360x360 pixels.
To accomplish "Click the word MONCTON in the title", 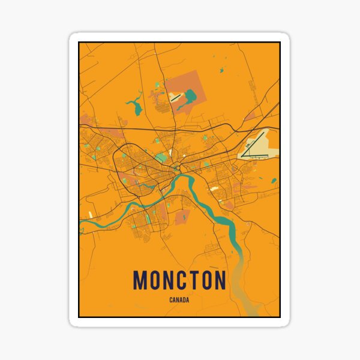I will pos(179,280).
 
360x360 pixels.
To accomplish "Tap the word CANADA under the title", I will pos(179,301).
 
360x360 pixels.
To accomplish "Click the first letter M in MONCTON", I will pos(139,280).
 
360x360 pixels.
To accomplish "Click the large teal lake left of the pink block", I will pos(134,107).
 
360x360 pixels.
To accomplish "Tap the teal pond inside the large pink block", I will pos(191,95).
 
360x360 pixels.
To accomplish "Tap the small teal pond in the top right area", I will pos(221,70).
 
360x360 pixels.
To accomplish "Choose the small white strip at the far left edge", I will pos(91,213).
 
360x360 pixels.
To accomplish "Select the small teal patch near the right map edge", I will pos(274,180).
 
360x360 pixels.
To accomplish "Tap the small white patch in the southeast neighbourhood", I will pos(214,188).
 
